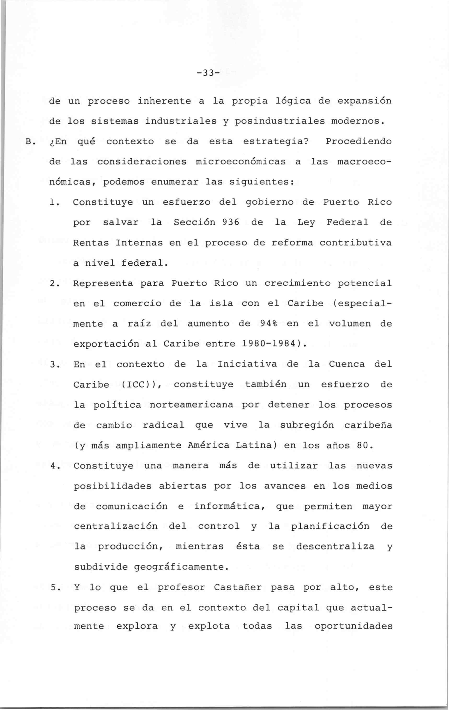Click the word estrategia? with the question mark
tap(276, 142)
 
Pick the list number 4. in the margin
tap(53, 466)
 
